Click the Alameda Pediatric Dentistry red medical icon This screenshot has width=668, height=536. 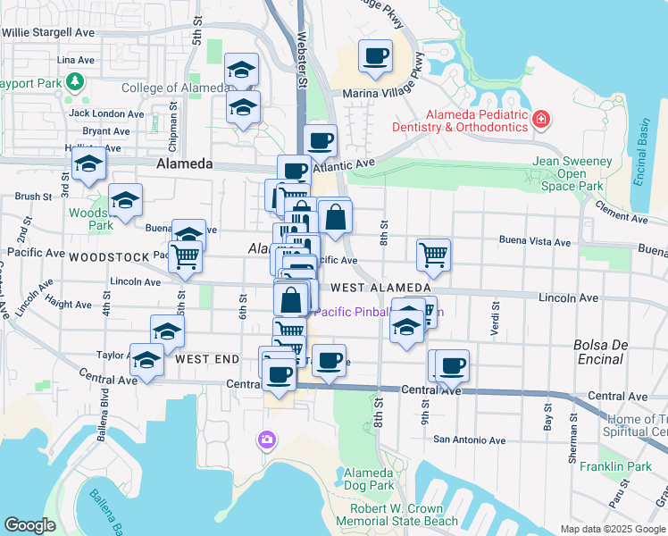click(x=540, y=120)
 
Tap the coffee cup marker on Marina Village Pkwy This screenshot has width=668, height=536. click(x=376, y=57)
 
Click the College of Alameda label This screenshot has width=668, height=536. click(x=174, y=88)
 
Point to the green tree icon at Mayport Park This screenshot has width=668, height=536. click(x=75, y=82)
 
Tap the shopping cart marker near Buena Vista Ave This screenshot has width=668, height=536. click(x=433, y=255)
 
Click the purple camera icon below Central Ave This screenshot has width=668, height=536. click(x=266, y=440)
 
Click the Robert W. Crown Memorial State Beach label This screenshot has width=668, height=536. click(x=404, y=515)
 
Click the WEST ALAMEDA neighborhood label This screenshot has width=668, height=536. click(x=380, y=288)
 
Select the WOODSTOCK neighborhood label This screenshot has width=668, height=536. click(x=109, y=256)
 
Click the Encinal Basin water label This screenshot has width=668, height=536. click(x=639, y=151)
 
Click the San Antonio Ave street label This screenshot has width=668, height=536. click(x=469, y=440)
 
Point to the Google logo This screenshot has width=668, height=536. click(x=29, y=525)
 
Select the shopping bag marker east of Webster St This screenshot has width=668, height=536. click(x=336, y=217)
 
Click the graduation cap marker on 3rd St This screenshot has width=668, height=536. click(x=89, y=164)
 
